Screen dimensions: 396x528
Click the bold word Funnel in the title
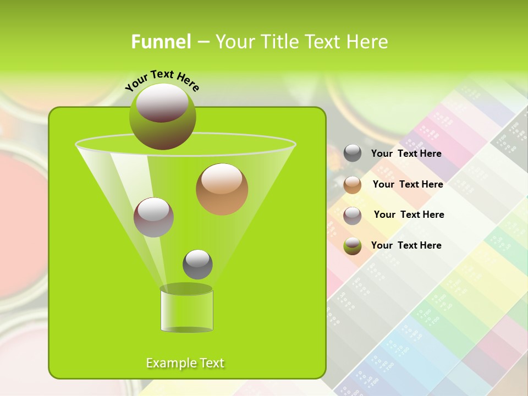pos(161,42)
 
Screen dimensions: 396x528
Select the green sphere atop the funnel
pos(163,117)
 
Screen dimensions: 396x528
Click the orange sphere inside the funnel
pos(222,189)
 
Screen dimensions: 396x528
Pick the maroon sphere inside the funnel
pos(153,217)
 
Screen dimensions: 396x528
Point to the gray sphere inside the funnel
pos(197,264)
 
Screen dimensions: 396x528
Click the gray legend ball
pos(353,153)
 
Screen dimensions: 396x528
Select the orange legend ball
pos(353,184)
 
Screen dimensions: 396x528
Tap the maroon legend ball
pos(353,215)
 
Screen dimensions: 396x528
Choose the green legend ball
pos(353,245)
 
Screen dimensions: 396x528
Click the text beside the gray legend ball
pos(406,153)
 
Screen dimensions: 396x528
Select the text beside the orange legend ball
pos(408,184)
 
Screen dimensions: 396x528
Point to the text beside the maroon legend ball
pos(409,215)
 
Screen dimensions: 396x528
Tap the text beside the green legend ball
pos(406,245)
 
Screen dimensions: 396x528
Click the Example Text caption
pos(185,363)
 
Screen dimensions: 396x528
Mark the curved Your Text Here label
pos(162,80)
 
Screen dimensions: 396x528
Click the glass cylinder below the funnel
pos(186,311)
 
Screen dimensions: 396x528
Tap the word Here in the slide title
pos(368,42)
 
